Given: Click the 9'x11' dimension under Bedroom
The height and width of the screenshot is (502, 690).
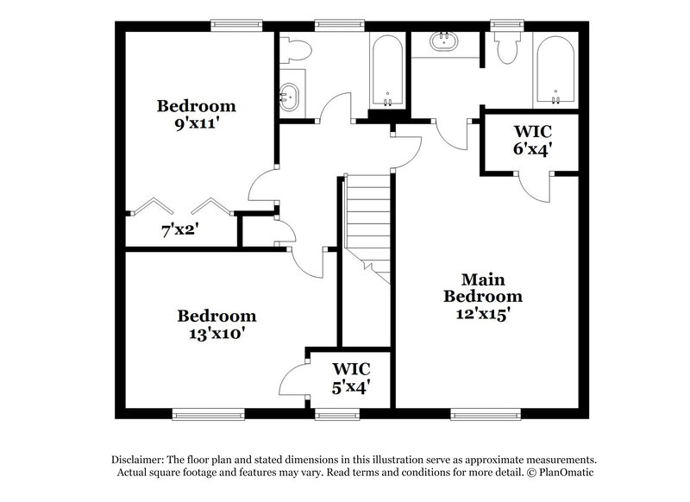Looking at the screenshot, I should pyautogui.click(x=196, y=123).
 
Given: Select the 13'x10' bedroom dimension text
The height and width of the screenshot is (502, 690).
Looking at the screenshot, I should pyautogui.click(x=216, y=333).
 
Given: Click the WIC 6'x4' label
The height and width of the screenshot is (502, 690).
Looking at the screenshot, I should pyautogui.click(x=533, y=140).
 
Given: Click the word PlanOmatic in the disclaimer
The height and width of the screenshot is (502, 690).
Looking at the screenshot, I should pyautogui.click(x=564, y=474).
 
